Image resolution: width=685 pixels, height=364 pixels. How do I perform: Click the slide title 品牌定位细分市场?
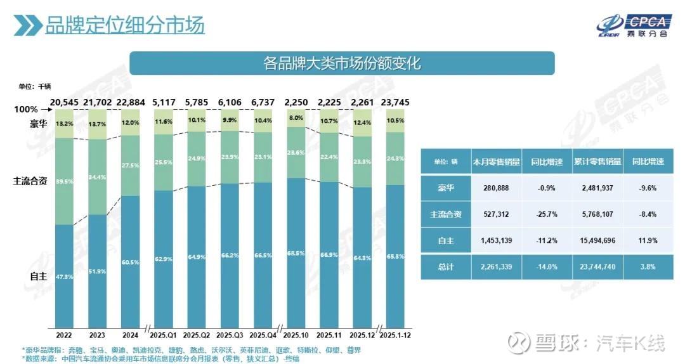pyautogui.click(x=124, y=26)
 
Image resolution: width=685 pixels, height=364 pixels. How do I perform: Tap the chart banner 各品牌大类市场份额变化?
pyautogui.click(x=342, y=63)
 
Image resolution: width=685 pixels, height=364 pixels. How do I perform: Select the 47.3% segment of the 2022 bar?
pyautogui.click(x=64, y=276)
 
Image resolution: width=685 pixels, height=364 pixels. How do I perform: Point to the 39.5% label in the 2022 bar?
pyautogui.click(x=64, y=181)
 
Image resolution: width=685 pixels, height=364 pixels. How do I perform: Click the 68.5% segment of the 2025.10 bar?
pyautogui.click(x=296, y=254)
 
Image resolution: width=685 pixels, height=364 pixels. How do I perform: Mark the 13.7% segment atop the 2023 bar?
pyautogui.click(x=98, y=124)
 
